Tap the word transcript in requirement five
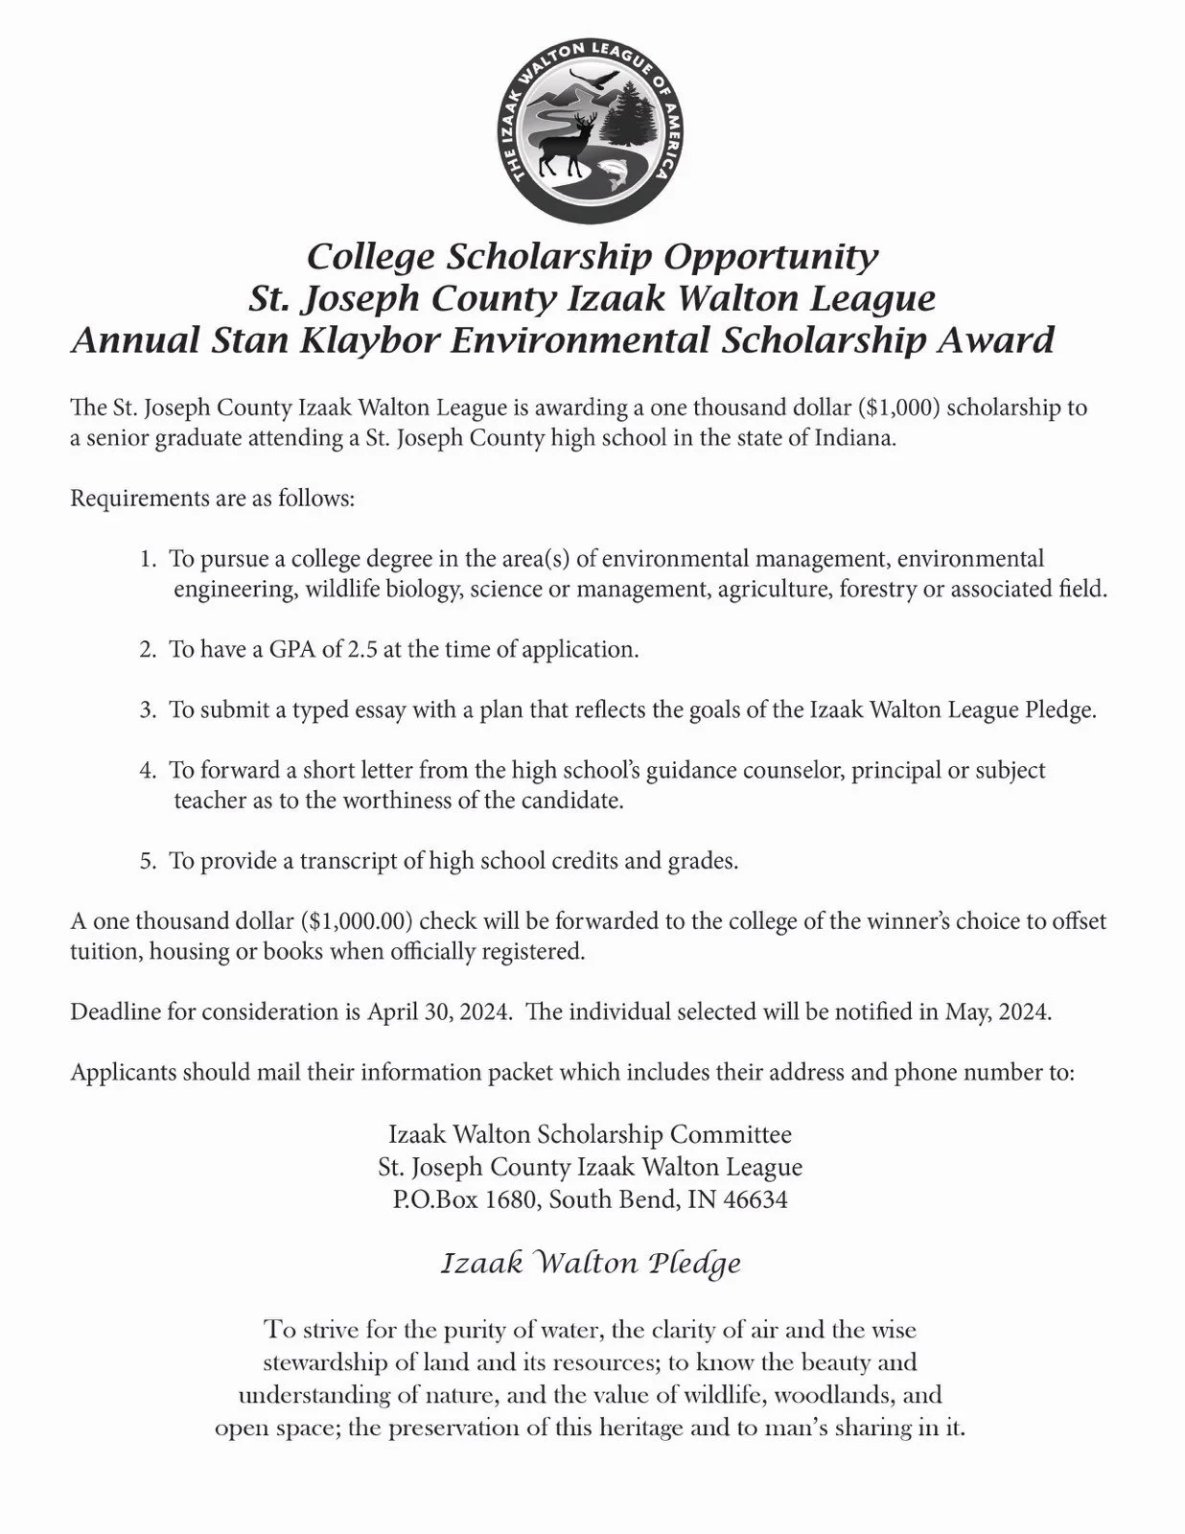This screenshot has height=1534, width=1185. click(348, 860)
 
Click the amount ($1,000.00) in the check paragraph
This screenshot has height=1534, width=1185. click(357, 921)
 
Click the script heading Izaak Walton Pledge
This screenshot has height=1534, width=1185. click(591, 1264)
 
